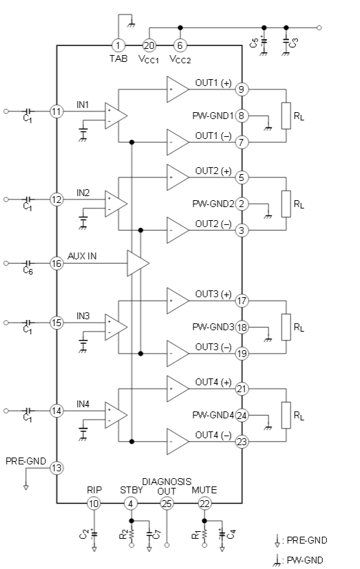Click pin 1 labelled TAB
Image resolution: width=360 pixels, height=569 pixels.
(x=118, y=45)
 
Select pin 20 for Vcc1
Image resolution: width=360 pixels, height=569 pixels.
(x=149, y=45)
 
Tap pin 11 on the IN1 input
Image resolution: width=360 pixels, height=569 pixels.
(x=56, y=111)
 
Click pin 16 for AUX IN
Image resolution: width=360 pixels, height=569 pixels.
(x=56, y=263)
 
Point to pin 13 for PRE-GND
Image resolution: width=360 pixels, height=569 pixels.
(x=56, y=468)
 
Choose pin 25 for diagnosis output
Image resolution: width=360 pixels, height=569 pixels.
(x=167, y=504)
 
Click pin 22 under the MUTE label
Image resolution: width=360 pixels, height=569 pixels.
(x=204, y=504)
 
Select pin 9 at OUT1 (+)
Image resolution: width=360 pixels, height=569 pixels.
(x=242, y=89)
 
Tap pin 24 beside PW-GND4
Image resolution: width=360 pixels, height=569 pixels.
(x=242, y=415)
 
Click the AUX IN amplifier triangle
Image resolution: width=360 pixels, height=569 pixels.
(x=138, y=263)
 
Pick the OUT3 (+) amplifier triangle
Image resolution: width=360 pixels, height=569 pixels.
(x=178, y=301)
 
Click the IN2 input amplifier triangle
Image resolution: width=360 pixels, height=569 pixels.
(x=116, y=204)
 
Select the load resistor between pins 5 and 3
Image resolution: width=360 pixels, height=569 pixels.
(x=286, y=204)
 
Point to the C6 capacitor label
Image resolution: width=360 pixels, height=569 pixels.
(x=28, y=270)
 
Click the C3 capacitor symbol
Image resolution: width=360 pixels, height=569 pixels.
(x=286, y=42)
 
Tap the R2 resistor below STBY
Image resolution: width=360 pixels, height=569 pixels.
(x=131, y=533)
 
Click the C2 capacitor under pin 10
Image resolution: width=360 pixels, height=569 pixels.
(x=94, y=534)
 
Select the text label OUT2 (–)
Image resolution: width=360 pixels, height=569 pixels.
(x=213, y=224)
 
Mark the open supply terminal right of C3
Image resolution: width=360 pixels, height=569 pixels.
(x=319, y=28)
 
